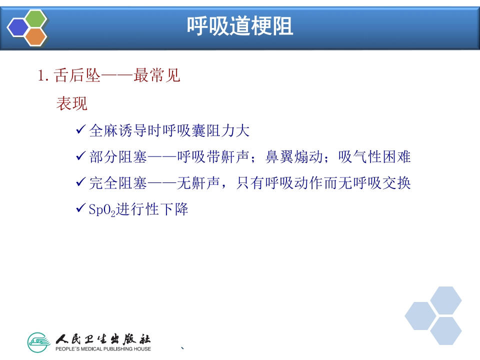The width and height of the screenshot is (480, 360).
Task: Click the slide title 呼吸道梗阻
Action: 240,26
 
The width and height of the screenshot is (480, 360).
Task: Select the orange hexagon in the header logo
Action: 35,36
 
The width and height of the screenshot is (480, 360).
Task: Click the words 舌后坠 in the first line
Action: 75,76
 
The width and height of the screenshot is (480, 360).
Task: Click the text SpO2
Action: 102,209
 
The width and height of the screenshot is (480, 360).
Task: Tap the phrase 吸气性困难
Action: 374,157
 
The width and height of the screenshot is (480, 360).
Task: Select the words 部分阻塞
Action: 118,157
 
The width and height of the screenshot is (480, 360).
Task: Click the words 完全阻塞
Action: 118,183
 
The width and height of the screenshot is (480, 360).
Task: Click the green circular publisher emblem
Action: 39,342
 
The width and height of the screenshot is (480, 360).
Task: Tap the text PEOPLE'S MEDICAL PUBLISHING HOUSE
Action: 103,348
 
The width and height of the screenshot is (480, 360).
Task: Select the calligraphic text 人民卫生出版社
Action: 103,338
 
